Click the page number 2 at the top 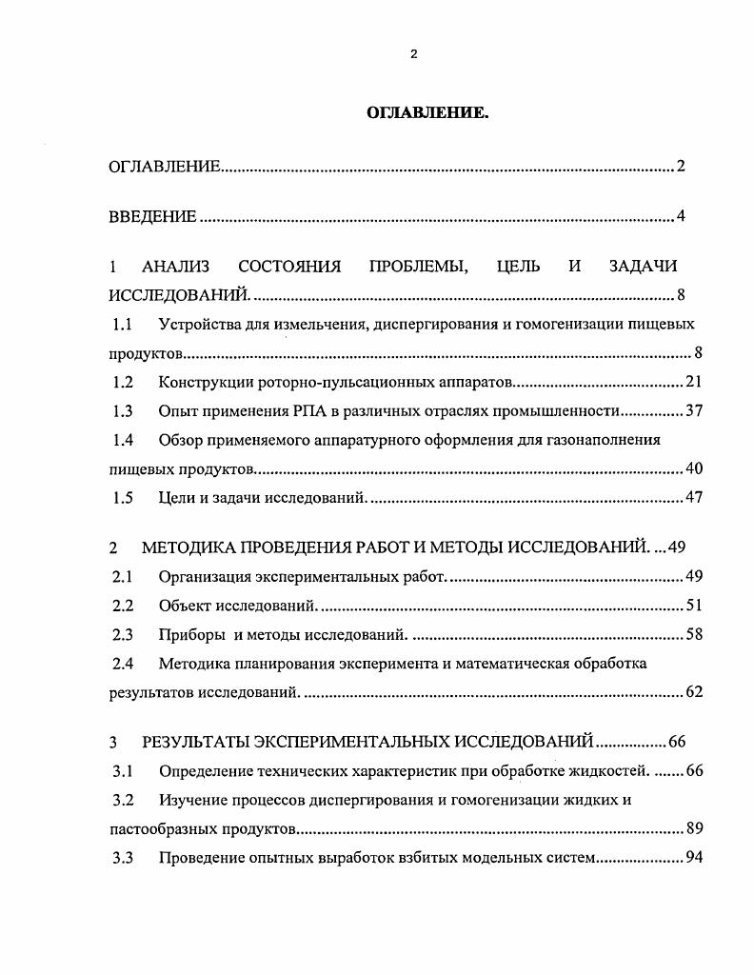pyautogui.click(x=413, y=54)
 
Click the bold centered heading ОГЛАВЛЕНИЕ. pyautogui.click(x=427, y=113)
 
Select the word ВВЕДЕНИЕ pyautogui.click(x=152, y=217)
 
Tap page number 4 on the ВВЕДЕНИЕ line pyautogui.click(x=681, y=217)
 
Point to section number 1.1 pyautogui.click(x=122, y=325)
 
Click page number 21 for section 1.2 pyautogui.click(x=693, y=383)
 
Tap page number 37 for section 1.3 pyautogui.click(x=693, y=411)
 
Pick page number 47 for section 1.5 pyautogui.click(x=693, y=498)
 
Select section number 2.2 pyautogui.click(x=122, y=606)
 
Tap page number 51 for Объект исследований pyautogui.click(x=693, y=606)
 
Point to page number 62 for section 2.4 pyautogui.click(x=693, y=692)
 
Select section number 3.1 pyautogui.click(x=122, y=770)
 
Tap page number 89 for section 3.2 pyautogui.click(x=693, y=828)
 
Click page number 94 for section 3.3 pyautogui.click(x=693, y=858)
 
